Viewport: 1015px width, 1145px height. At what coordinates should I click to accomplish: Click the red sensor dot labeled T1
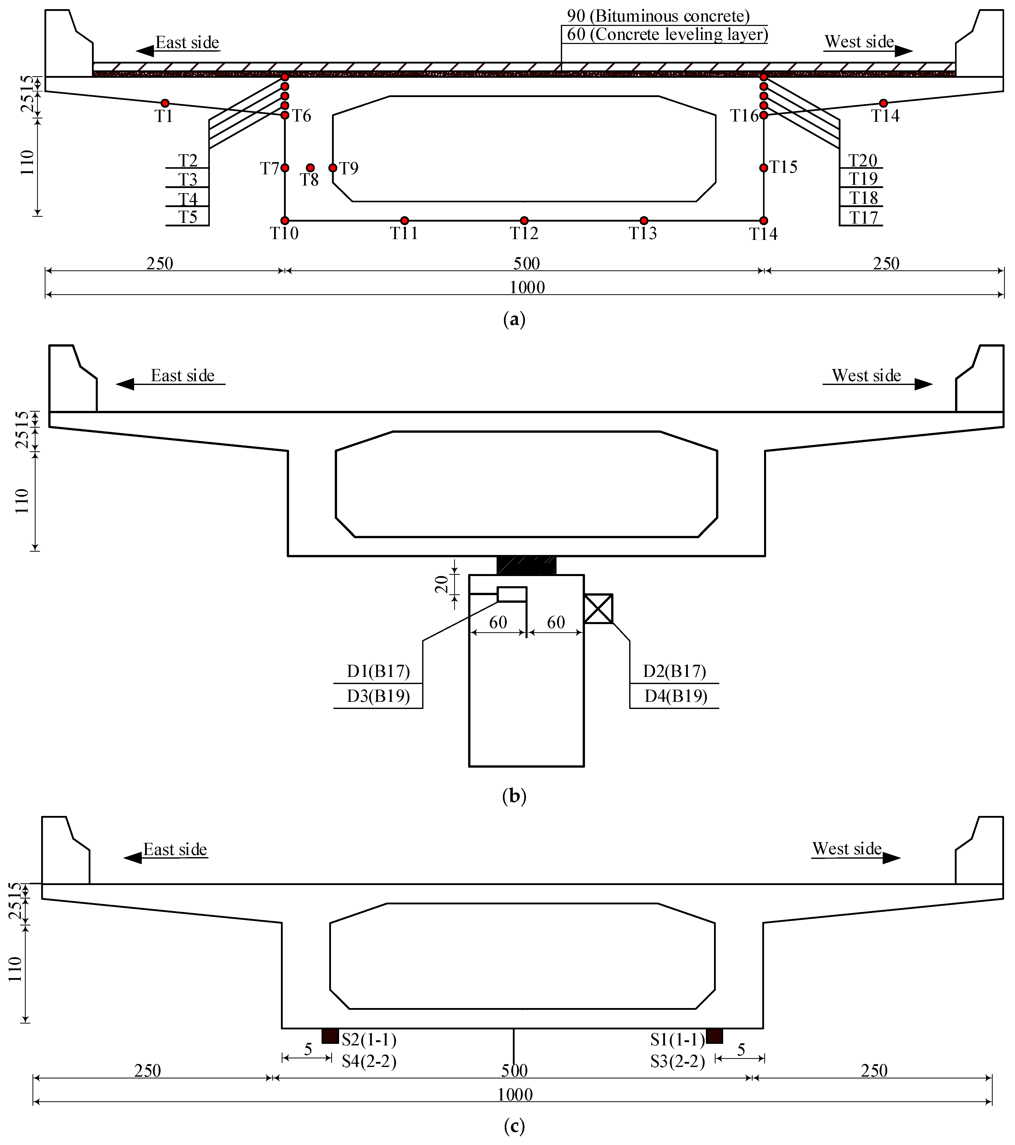click(x=165, y=103)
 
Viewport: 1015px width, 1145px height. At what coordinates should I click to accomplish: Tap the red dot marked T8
click(x=310, y=167)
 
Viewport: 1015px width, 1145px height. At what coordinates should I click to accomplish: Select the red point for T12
click(x=524, y=221)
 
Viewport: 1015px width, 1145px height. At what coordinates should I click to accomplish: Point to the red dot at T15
click(x=764, y=167)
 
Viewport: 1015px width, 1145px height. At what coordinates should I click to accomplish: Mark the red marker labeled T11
click(x=405, y=221)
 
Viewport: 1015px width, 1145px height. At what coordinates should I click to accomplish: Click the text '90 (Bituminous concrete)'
click(x=658, y=16)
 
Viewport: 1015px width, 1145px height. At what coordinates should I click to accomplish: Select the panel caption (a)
click(x=514, y=320)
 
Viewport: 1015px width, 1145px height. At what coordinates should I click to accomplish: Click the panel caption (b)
click(x=514, y=796)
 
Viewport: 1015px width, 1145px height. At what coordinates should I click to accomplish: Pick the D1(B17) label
click(x=378, y=671)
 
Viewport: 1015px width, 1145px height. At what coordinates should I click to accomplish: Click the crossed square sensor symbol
click(x=598, y=608)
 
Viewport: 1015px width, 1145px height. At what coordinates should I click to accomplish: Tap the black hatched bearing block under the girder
click(x=526, y=565)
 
